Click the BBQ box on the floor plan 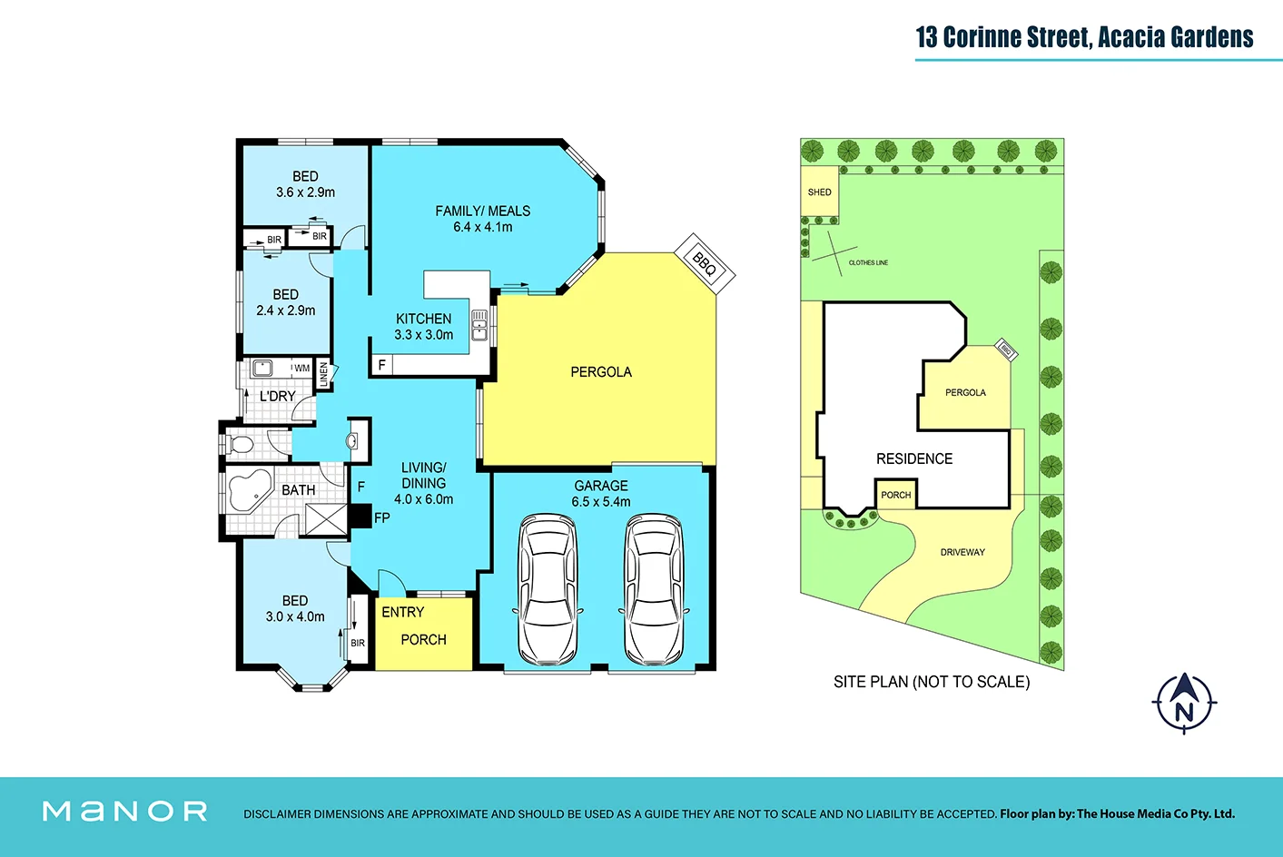tap(705, 263)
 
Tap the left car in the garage tap(548, 590)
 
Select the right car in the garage tap(654, 590)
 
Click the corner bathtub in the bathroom tap(249, 490)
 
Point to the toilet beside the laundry tap(240, 444)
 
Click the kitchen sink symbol tap(479, 325)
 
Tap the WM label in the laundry tap(301, 368)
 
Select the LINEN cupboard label tap(323, 374)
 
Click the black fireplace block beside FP tap(360, 516)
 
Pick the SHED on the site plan tap(819, 192)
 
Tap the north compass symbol tap(1184, 703)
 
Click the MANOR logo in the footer tap(125, 812)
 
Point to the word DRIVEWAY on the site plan tap(962, 553)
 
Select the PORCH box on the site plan tap(896, 495)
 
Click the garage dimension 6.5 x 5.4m tap(601, 502)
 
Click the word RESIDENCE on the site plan tap(914, 458)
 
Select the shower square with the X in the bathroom tap(326, 520)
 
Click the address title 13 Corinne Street tap(1002, 37)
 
